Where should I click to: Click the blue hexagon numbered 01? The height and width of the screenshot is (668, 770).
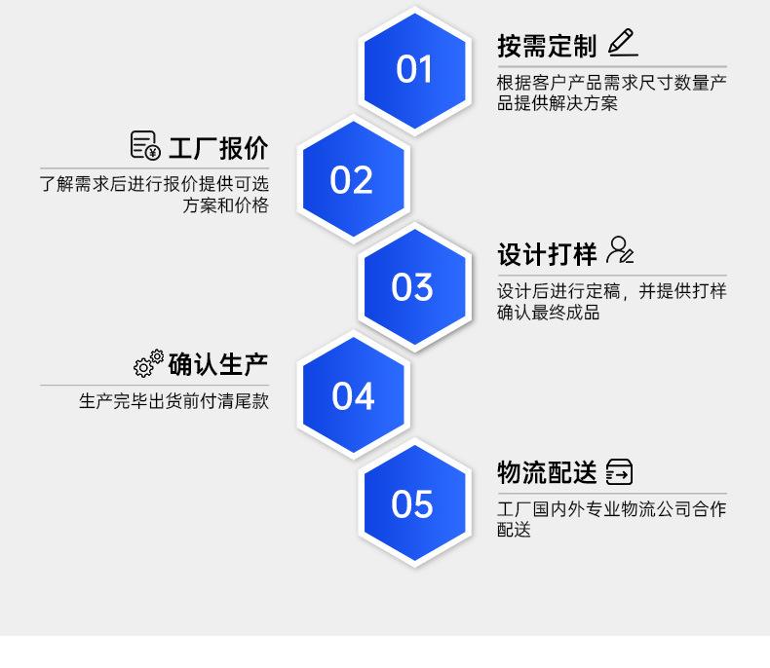point(414,70)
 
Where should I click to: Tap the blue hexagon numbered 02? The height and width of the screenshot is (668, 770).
point(352,180)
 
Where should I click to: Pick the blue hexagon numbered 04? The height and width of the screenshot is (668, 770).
point(352,396)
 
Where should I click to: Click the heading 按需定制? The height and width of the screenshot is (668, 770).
point(546,46)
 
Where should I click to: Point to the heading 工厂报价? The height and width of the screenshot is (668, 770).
point(218,149)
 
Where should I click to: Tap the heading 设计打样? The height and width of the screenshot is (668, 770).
point(546,254)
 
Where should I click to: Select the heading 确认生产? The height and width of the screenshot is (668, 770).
point(218,365)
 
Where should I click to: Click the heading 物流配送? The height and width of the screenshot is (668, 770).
point(546,473)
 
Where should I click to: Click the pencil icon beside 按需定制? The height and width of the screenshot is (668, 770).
point(622,43)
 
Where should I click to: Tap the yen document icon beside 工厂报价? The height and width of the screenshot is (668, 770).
point(144,146)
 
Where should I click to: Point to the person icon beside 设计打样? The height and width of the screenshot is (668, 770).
point(620,251)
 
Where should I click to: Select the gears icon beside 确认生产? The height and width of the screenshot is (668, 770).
point(148,363)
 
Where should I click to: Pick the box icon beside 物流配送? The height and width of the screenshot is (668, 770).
point(619,472)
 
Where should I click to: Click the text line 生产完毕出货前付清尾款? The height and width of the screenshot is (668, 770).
point(173,401)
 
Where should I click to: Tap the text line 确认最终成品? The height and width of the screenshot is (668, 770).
point(548,313)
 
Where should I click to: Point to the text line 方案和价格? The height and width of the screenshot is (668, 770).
point(225,205)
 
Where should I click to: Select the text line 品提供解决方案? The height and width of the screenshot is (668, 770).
point(558,104)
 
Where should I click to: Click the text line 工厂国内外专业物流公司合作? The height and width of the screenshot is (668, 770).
point(612,509)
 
